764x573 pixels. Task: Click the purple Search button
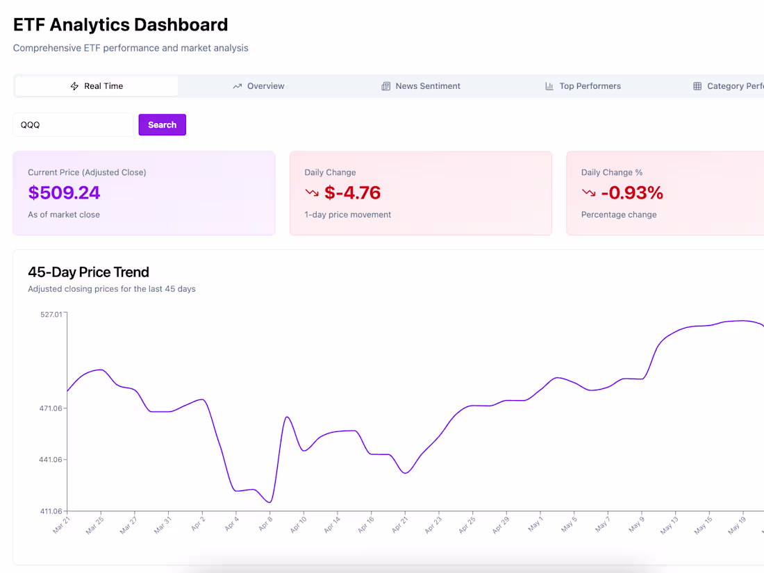[162, 125]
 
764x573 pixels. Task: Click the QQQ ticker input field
[73, 125]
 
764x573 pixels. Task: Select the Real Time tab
[97, 86]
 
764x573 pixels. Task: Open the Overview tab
[258, 86]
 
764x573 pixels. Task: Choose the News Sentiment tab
[421, 86]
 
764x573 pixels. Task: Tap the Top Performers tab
[583, 86]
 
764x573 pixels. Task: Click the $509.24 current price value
[64, 192]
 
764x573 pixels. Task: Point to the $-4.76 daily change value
[353, 192]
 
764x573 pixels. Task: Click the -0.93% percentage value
[632, 192]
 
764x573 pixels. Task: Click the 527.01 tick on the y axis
[51, 315]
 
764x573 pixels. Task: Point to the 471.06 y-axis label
[51, 408]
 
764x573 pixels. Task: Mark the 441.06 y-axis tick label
[51, 460]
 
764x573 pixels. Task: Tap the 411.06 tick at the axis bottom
[51, 511]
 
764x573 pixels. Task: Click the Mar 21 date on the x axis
[62, 526]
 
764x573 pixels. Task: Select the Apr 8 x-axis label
[266, 524]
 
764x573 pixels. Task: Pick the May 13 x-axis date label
[670, 526]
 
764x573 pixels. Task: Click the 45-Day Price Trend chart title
[88, 272]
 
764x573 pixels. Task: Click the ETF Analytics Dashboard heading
[120, 25]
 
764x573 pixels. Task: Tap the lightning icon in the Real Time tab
[75, 86]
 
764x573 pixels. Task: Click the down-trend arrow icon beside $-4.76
[312, 192]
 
